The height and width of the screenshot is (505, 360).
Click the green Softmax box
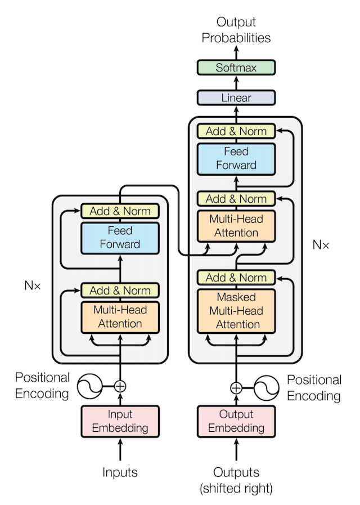click(236, 68)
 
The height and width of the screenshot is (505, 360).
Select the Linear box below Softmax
click(236, 98)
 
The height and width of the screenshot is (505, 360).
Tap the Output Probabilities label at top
click(236, 30)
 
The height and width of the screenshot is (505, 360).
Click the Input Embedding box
click(120, 421)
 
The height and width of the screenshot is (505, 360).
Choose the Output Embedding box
click(236, 421)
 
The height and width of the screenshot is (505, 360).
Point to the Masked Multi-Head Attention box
click(236, 311)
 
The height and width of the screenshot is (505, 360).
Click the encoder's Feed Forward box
click(120, 238)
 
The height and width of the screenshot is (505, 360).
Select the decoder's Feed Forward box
click(236, 158)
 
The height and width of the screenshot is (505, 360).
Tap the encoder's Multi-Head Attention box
click(120, 316)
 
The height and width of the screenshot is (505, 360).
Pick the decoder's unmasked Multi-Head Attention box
click(236, 225)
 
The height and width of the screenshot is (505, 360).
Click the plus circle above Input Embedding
click(120, 386)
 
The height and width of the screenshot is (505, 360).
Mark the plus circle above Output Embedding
click(236, 387)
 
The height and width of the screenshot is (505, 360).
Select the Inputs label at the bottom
click(120, 472)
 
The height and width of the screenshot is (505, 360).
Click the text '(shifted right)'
click(236, 488)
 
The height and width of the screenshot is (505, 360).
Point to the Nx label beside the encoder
click(33, 285)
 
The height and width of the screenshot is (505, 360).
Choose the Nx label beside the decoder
click(321, 245)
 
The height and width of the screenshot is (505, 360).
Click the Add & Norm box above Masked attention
click(236, 278)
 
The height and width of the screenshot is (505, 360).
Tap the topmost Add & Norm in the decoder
click(236, 131)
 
